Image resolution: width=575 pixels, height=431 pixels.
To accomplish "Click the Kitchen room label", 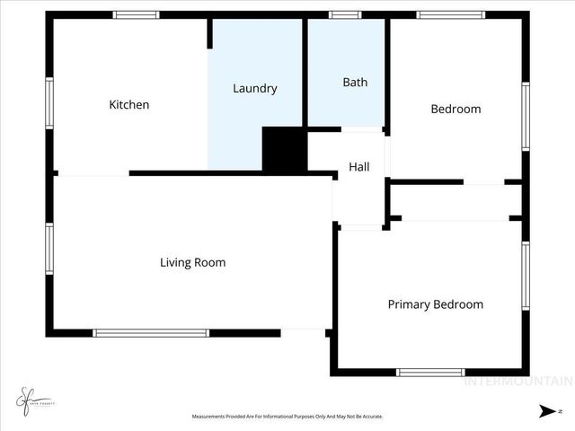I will [x=129, y=105].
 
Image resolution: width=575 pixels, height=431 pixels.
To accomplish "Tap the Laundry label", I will [x=254, y=88].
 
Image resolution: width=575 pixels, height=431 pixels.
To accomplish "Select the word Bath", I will [x=355, y=83].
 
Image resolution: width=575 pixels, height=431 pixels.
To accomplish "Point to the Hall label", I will [x=359, y=167].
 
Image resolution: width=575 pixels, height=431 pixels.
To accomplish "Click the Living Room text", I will [x=192, y=263].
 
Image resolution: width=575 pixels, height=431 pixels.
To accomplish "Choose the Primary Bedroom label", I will [x=435, y=304].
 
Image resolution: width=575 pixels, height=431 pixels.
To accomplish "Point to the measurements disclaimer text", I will [x=287, y=417].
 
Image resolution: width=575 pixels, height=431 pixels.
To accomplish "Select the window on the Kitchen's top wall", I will [x=137, y=14].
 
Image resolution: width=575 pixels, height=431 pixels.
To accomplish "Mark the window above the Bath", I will [x=344, y=14].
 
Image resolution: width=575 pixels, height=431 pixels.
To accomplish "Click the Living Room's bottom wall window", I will [x=151, y=333].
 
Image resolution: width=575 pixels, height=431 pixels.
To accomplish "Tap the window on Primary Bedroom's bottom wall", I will [x=430, y=372].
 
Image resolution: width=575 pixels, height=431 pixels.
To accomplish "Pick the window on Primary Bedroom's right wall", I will [x=526, y=276].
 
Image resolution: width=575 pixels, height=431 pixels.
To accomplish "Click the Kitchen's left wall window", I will [x=49, y=103].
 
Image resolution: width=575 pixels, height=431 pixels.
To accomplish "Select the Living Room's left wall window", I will [x=49, y=248].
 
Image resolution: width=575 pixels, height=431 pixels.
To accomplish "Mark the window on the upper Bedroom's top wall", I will [x=450, y=14].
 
